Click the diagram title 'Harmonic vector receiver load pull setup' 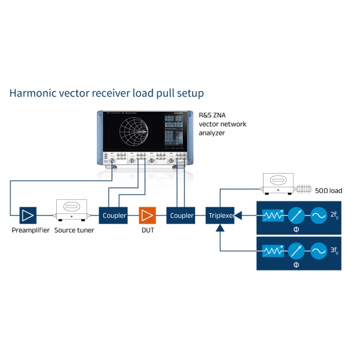tap(106, 93)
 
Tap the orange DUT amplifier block tap(147, 215)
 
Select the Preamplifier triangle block tap(28, 215)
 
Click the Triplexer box tap(221, 215)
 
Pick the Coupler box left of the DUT tap(114, 215)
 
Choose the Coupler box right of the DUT tap(182, 215)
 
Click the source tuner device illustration tap(71, 210)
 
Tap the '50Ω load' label tap(329, 190)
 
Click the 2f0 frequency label tap(334, 215)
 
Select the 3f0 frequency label tap(334, 251)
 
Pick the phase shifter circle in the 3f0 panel tap(296, 251)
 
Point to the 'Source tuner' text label tap(74, 231)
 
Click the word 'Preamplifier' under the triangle tap(30, 231)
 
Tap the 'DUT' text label tap(146, 231)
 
